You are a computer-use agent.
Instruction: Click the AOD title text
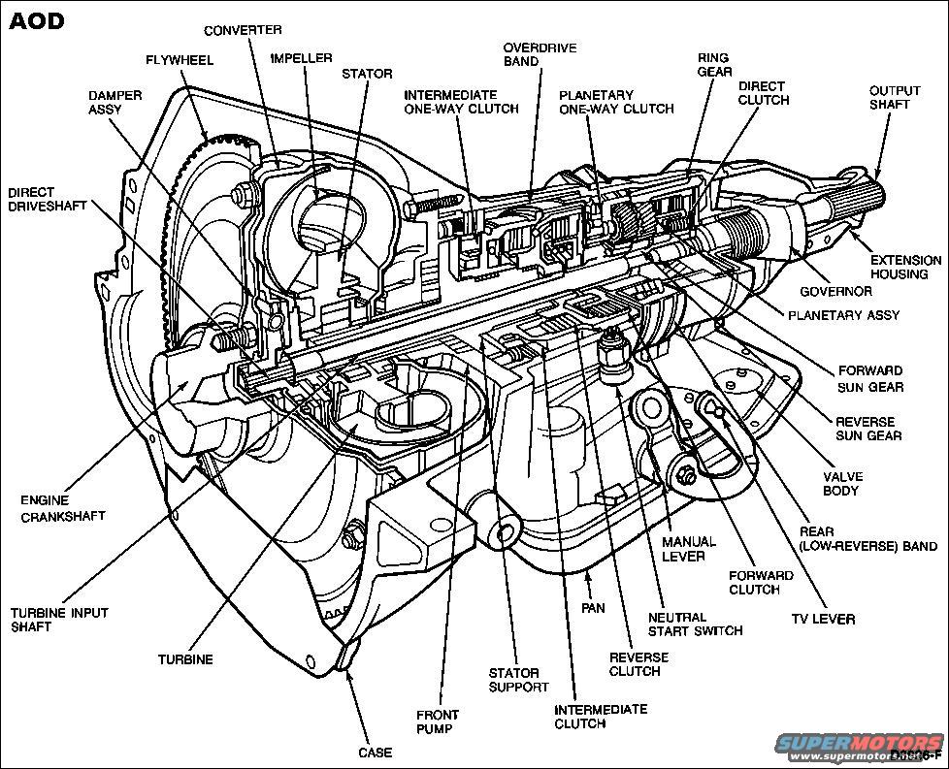pyautogui.click(x=37, y=20)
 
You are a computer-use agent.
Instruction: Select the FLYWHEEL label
pyautogui.click(x=180, y=59)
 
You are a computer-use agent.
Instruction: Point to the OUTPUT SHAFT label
pyautogui.click(x=894, y=98)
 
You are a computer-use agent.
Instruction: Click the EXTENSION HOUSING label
pyautogui.click(x=905, y=268)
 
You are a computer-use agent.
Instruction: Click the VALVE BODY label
pyautogui.click(x=842, y=484)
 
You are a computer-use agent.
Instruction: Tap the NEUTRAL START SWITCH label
pyautogui.click(x=695, y=624)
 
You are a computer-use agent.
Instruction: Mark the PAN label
pyautogui.click(x=593, y=608)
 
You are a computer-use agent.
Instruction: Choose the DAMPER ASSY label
pyautogui.click(x=115, y=104)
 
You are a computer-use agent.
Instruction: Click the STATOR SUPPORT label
pyautogui.click(x=518, y=680)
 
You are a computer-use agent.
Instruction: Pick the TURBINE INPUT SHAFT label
pyautogui.click(x=59, y=620)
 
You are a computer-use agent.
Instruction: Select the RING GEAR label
pyautogui.click(x=713, y=65)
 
